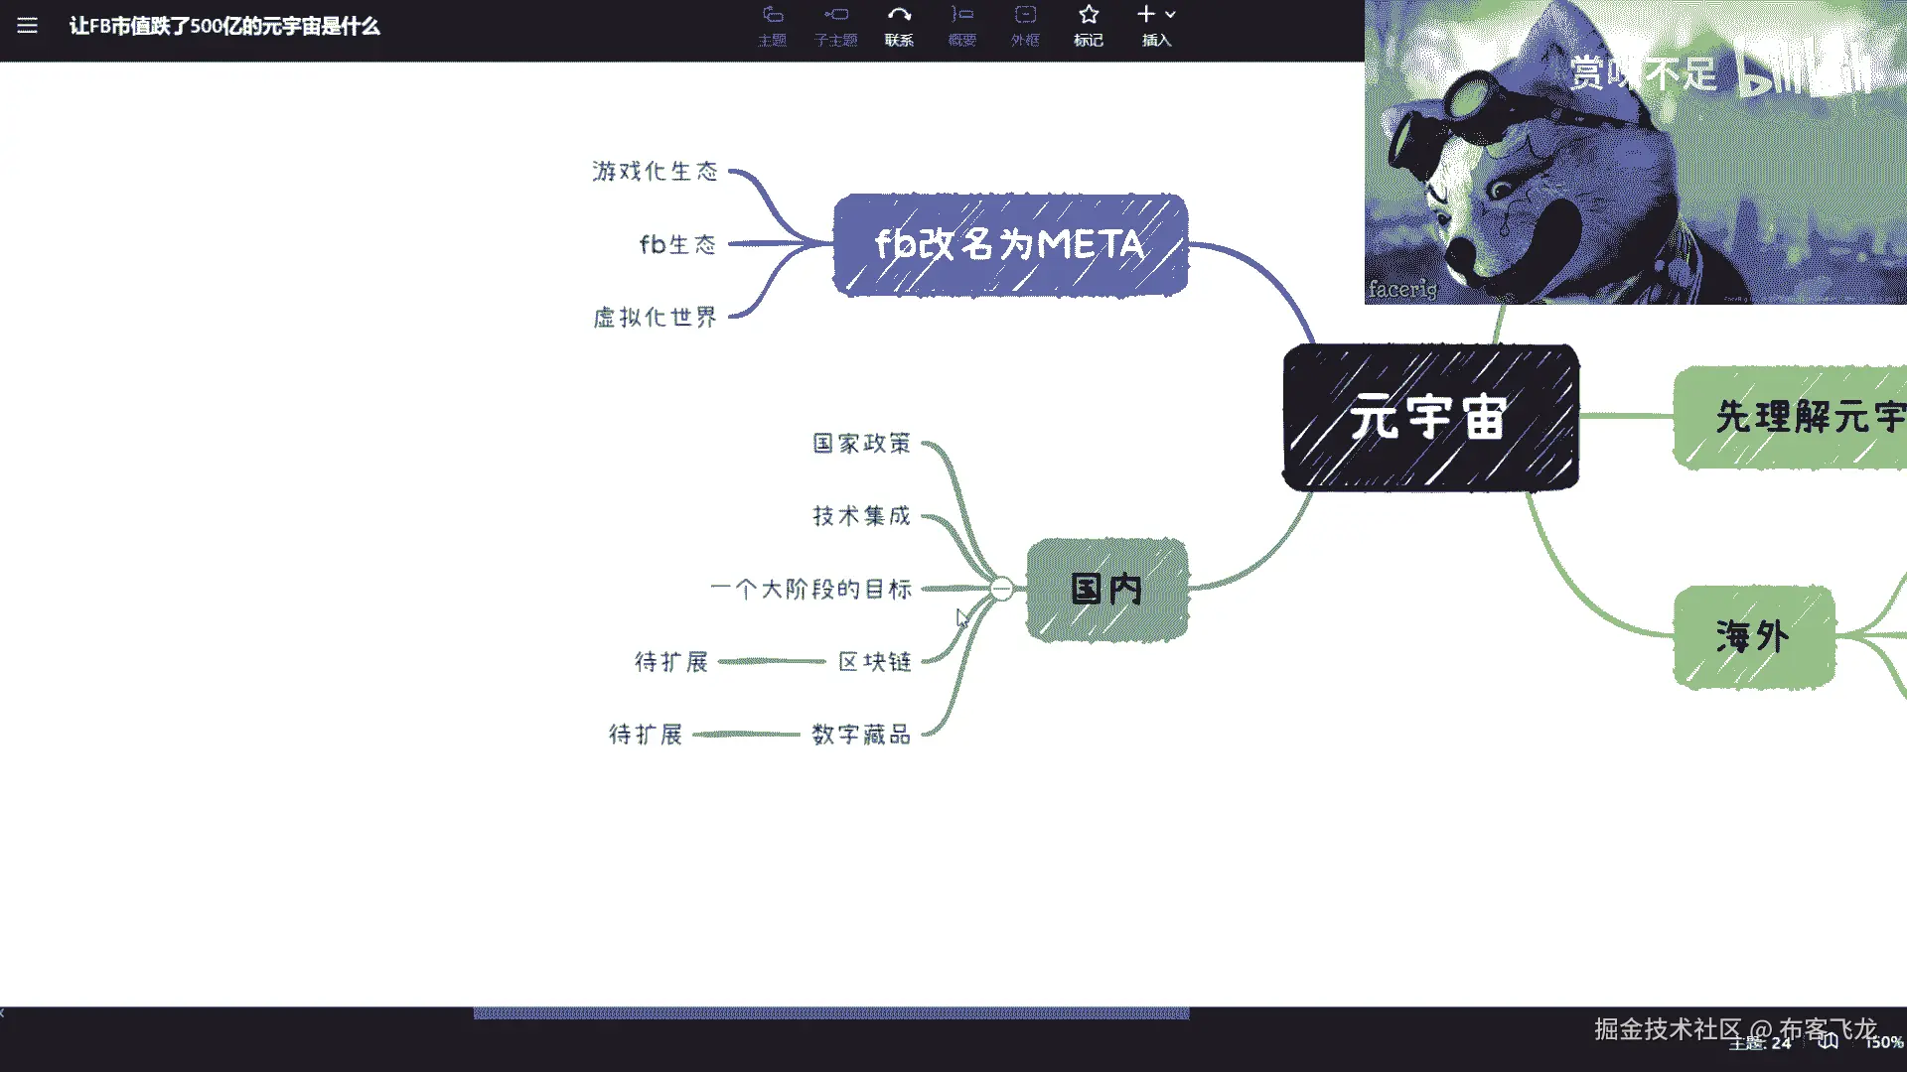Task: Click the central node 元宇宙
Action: (1430, 418)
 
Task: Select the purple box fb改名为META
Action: (1010, 245)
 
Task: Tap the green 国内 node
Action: (1106, 590)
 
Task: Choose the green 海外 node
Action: (1753, 636)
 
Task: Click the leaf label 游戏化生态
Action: (655, 172)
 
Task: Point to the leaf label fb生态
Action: (677, 244)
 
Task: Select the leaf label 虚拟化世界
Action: (655, 318)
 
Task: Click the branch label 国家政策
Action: (861, 444)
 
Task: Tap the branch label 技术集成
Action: (861, 516)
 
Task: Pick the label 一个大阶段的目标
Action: (810, 589)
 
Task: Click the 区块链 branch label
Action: (874, 662)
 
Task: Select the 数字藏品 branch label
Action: (861, 735)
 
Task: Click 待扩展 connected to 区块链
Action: (671, 662)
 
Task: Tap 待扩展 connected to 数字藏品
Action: (646, 735)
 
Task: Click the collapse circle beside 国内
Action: (1002, 590)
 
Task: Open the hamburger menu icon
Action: (27, 26)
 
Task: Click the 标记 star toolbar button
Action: (1089, 25)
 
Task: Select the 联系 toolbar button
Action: (899, 25)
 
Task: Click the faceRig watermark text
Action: (1402, 289)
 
